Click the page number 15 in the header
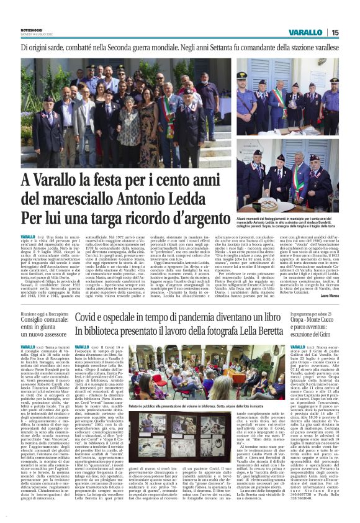335,32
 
